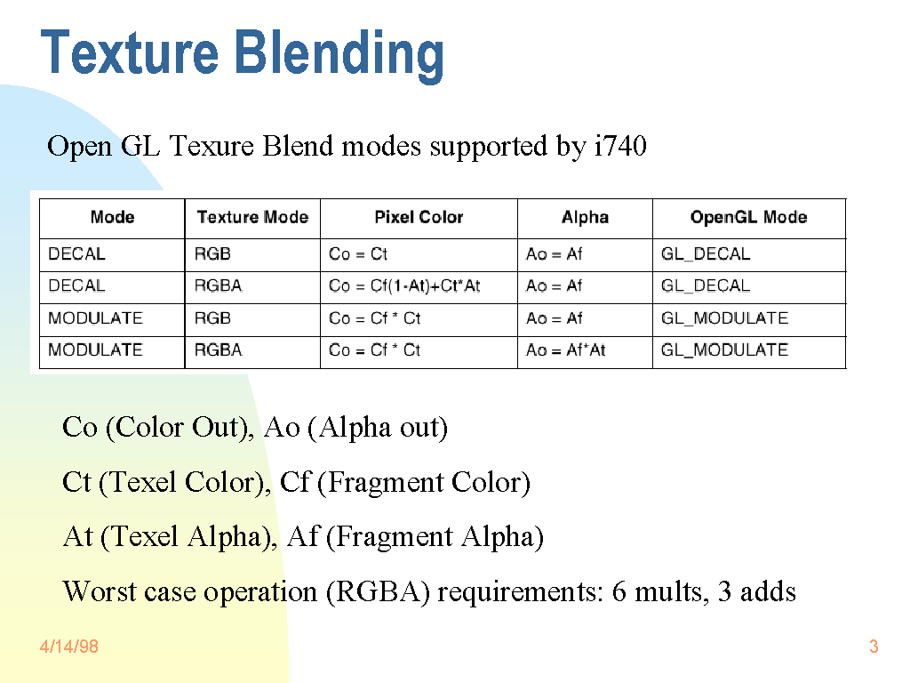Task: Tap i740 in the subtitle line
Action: pos(620,145)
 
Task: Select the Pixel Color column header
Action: pos(419,217)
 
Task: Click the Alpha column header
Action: pos(585,217)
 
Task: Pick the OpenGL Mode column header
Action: pos(748,217)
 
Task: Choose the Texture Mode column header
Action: pos(252,217)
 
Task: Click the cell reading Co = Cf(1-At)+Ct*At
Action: pos(404,285)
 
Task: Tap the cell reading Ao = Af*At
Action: pos(565,350)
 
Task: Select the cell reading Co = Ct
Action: pos(357,253)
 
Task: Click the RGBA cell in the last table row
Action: pos(219,350)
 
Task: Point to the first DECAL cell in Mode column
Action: pos(76,253)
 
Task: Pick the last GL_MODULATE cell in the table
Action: pos(724,350)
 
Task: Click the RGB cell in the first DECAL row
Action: pos(212,253)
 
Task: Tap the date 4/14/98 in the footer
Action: pos(69,647)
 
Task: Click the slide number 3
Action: pos(874,647)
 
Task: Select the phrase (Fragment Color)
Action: pos(424,482)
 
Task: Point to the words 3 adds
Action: pos(757,591)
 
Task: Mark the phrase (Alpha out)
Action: pos(378,428)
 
